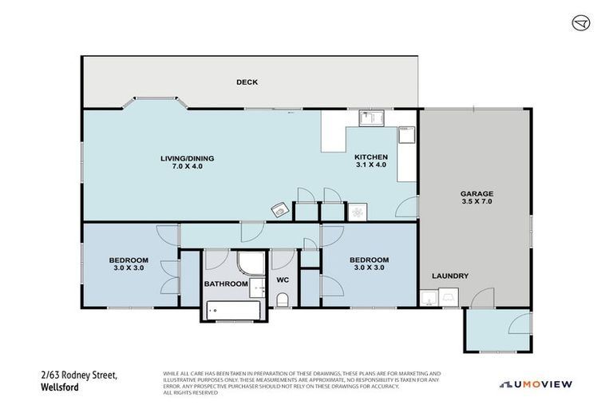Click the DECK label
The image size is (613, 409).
pyautogui.click(x=247, y=81)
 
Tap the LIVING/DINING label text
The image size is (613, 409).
pyautogui.click(x=187, y=158)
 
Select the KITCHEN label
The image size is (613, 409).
pyautogui.click(x=371, y=157)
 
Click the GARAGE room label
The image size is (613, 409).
pyautogui.click(x=476, y=193)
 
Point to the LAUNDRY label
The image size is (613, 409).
pyautogui.click(x=450, y=276)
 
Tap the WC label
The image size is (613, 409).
pyautogui.click(x=282, y=280)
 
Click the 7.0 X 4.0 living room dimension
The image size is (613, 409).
pyautogui.click(x=187, y=167)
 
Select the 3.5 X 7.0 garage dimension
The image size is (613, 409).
pyautogui.click(x=476, y=202)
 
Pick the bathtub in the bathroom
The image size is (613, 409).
pyautogui.click(x=233, y=310)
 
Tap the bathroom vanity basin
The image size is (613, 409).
pyautogui.click(x=257, y=285)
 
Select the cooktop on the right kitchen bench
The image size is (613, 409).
pyautogui.click(x=405, y=133)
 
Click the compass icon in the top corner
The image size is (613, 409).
pyautogui.click(x=580, y=23)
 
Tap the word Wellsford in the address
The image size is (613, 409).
pyautogui.click(x=58, y=386)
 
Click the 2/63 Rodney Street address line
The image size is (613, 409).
pyautogui.click(x=78, y=375)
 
